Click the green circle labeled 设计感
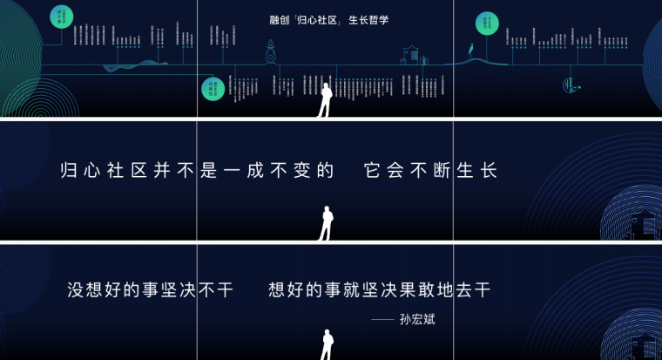coord(60,16)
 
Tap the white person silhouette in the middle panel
coord(326,223)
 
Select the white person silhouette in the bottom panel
coord(326,344)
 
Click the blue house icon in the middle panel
coord(643,224)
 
